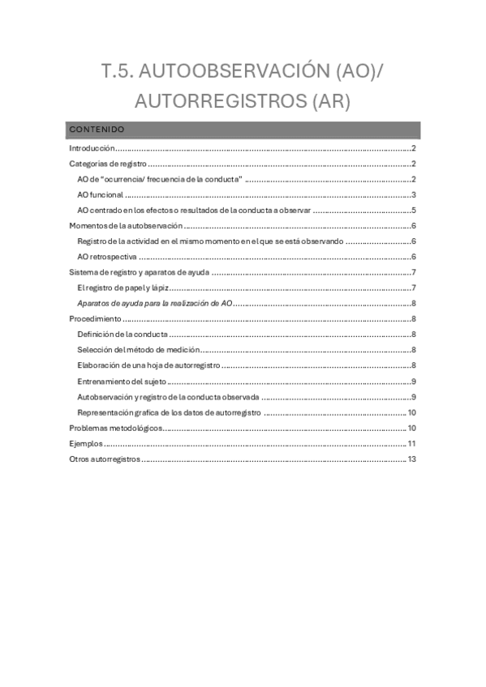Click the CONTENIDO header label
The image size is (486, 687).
[96, 129]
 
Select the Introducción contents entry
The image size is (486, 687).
[92, 148]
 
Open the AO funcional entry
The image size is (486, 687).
[101, 194]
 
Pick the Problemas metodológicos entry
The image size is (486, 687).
[116, 428]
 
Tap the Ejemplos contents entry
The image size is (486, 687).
[86, 443]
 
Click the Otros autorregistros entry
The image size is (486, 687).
[105, 459]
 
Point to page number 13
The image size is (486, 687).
[411, 459]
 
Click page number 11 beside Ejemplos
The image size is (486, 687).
[411, 443]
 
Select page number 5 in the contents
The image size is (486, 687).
[414, 210]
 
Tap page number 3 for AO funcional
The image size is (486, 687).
[414, 194]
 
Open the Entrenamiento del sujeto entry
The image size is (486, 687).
[123, 382]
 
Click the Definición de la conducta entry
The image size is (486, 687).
[123, 335]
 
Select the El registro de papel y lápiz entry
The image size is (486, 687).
[122, 288]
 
